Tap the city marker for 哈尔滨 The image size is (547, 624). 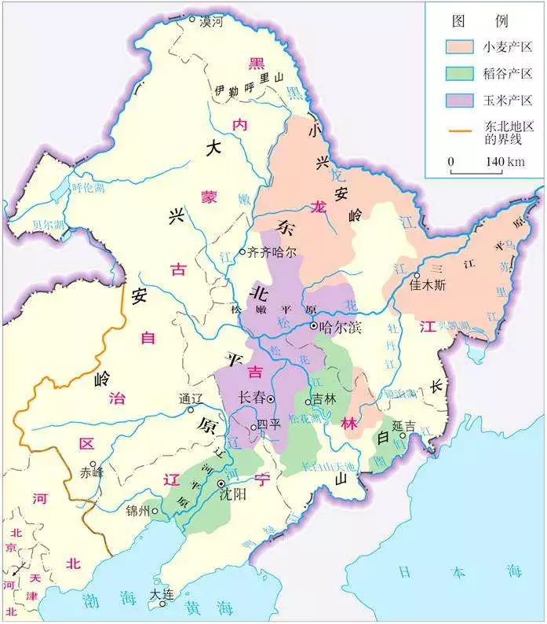[x=314, y=325]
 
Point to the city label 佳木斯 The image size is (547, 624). [x=428, y=286]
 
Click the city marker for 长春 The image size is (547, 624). [x=271, y=399]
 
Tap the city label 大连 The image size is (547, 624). [x=164, y=592]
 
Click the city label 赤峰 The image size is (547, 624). [x=92, y=474]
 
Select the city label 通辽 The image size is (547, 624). [x=191, y=397]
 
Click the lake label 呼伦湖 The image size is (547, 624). [x=87, y=188]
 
